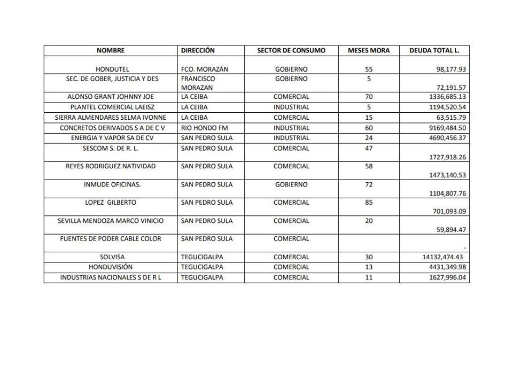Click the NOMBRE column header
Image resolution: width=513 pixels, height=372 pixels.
[111, 51]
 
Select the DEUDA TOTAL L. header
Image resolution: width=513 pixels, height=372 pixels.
[434, 51]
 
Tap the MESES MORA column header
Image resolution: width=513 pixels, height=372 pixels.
[369, 51]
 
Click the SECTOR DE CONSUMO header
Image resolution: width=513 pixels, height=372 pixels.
[291, 51]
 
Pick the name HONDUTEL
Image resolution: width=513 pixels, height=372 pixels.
[112, 69]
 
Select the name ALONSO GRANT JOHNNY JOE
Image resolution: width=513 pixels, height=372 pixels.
[111, 97]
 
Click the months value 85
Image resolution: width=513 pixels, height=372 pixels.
[369, 203]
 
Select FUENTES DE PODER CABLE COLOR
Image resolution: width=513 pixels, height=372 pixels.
[111, 239]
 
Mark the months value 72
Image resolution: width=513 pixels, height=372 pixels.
[369, 185]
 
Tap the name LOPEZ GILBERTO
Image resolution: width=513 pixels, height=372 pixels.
[111, 203]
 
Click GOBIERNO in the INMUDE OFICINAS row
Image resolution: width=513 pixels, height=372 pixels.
[291, 185]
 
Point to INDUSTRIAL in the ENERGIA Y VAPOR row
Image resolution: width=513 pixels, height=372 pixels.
[291, 138]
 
